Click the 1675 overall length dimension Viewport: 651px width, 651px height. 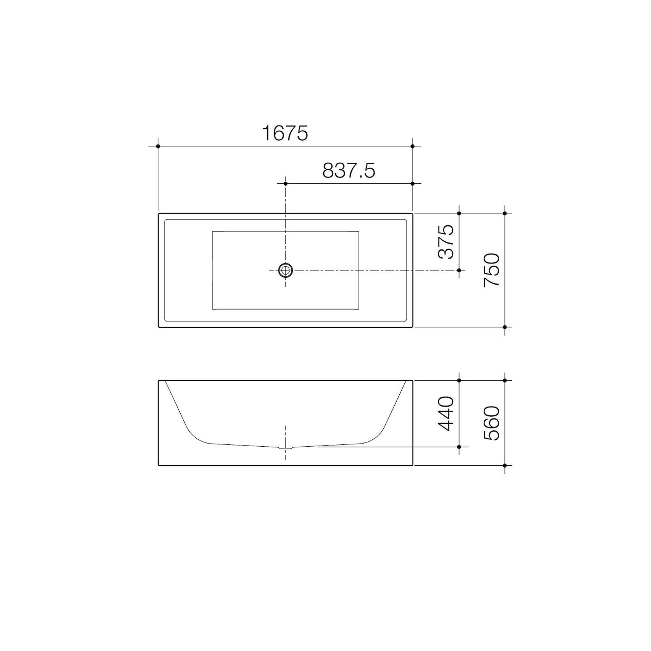[x=285, y=133]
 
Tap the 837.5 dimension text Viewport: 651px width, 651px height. [x=348, y=171]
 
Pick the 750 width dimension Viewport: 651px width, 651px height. [x=491, y=270]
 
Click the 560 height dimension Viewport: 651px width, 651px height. [x=491, y=423]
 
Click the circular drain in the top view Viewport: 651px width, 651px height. [x=285, y=270]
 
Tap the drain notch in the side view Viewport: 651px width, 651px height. [x=285, y=447]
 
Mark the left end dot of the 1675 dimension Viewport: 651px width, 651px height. [x=158, y=146]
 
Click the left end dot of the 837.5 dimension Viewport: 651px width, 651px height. [x=285, y=183]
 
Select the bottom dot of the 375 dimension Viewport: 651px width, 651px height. [x=459, y=270]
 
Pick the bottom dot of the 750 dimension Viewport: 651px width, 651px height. [x=505, y=327]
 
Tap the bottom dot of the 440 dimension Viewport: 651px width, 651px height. [x=459, y=447]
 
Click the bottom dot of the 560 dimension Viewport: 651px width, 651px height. [x=505, y=465]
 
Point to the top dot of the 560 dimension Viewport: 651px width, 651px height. [x=505, y=381]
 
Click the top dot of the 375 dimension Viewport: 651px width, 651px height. [x=459, y=213]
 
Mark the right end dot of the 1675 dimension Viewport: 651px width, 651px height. [x=413, y=146]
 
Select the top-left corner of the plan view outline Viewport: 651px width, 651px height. [x=158, y=213]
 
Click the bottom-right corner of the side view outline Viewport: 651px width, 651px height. [x=413, y=465]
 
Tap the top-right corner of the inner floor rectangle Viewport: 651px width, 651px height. [x=359, y=232]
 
